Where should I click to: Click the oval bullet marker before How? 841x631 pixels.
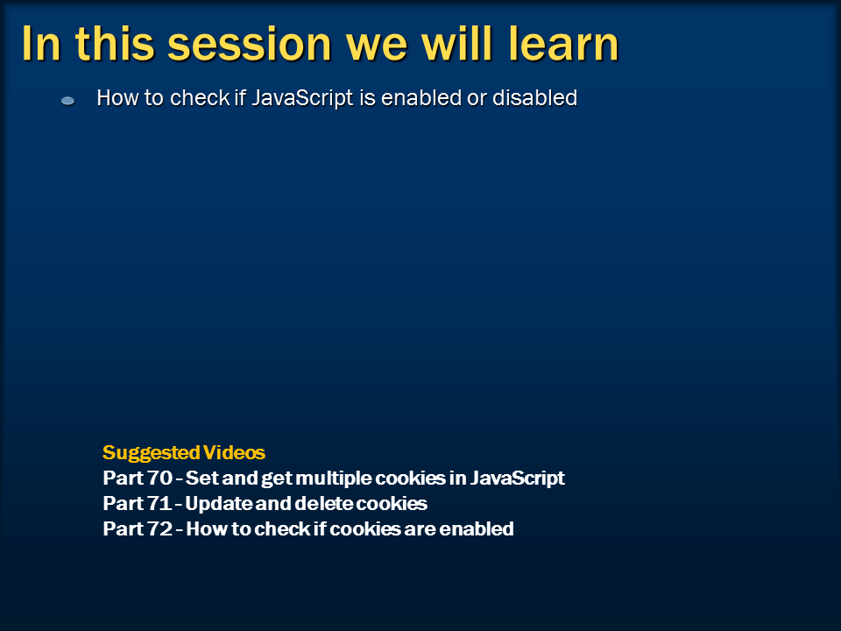tap(67, 102)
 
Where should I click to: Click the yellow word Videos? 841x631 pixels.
tap(234, 453)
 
